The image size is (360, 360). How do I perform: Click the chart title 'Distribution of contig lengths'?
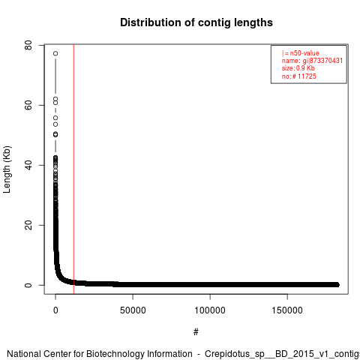[x=196, y=22]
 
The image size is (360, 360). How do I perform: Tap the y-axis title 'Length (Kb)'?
[x=7, y=169]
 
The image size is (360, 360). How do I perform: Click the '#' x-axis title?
[x=196, y=332]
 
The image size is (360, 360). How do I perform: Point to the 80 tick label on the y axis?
[x=28, y=45]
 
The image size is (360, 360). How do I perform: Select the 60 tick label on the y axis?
[x=28, y=105]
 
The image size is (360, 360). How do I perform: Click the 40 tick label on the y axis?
[x=28, y=165]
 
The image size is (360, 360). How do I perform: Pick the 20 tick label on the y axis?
[x=28, y=225]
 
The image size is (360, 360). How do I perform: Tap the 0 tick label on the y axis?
[x=28, y=285]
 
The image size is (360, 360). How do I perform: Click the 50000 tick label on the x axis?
[x=133, y=310]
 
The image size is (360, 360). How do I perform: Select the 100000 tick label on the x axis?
[x=210, y=310]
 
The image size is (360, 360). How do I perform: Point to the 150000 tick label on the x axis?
[x=287, y=310]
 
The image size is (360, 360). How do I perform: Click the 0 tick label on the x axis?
[x=55, y=310]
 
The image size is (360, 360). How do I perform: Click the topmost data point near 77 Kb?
[x=55, y=53]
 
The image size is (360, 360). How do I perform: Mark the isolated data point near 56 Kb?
[x=55, y=118]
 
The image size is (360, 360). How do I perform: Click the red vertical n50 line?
[x=73, y=169]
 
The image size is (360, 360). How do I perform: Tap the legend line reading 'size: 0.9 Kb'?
[x=298, y=68]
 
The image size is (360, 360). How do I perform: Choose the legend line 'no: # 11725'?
[x=299, y=76]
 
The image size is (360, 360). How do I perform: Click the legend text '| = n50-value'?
[x=301, y=53]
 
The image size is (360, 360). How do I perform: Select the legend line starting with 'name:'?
[x=312, y=61]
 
